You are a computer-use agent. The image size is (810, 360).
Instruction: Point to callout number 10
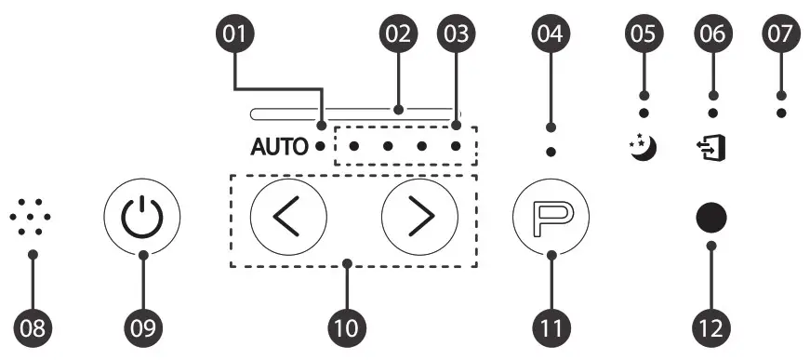(348, 327)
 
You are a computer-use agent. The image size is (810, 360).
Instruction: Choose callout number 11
(551, 327)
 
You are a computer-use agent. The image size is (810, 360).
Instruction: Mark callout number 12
(711, 327)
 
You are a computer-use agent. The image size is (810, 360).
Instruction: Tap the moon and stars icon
(642, 147)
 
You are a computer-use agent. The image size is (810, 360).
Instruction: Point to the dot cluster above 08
(32, 216)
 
